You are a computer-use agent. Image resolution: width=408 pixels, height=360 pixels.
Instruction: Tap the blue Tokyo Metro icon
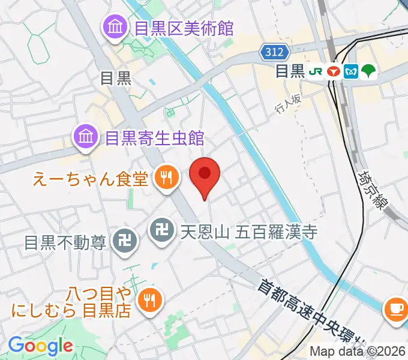click(352, 71)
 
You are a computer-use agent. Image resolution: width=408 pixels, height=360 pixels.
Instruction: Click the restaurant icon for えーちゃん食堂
click(164, 178)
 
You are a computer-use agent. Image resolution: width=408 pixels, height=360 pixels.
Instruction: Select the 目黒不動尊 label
click(65, 242)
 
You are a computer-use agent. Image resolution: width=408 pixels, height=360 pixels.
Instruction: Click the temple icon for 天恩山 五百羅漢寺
click(160, 229)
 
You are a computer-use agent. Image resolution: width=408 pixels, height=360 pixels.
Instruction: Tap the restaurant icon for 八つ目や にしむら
click(148, 300)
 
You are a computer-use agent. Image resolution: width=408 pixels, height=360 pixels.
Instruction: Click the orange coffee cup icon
click(395, 309)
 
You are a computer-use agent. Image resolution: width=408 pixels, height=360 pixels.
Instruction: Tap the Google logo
click(40, 346)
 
